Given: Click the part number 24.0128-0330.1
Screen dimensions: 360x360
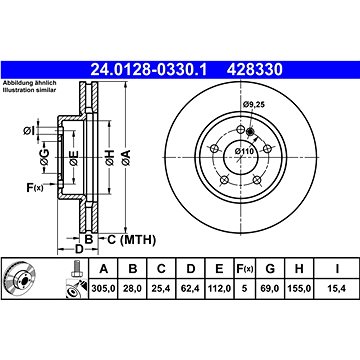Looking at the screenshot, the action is [x=149, y=70].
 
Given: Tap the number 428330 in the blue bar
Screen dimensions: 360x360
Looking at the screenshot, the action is [x=255, y=70].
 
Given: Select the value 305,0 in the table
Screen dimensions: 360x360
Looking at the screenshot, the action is [x=103, y=288].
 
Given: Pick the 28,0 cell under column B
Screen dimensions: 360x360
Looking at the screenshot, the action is [x=132, y=288].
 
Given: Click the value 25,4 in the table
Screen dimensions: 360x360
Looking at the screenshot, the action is [x=161, y=288].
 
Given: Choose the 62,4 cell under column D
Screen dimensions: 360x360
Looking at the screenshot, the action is [x=190, y=288].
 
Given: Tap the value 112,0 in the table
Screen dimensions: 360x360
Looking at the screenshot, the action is [x=219, y=288].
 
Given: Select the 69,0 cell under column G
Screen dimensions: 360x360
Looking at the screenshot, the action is [x=270, y=288].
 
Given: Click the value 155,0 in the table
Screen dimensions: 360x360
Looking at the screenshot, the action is [x=299, y=288].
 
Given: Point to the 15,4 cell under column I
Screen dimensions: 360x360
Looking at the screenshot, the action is [x=337, y=288].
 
